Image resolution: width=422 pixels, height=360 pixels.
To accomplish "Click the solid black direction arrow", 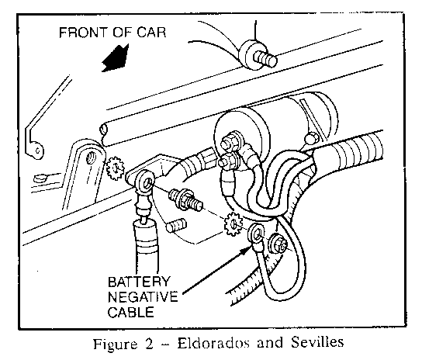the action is [x=115, y=58].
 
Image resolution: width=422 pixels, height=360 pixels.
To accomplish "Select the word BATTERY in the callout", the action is [x=139, y=282].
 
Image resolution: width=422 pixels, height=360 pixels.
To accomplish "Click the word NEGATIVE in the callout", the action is [x=143, y=297].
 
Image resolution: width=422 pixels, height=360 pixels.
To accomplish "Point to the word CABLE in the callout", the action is [x=131, y=313].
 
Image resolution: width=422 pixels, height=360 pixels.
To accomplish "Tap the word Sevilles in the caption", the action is [x=317, y=342].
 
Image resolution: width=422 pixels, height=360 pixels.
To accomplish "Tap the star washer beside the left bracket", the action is [x=115, y=168].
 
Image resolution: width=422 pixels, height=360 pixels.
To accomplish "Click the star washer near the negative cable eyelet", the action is [x=233, y=223].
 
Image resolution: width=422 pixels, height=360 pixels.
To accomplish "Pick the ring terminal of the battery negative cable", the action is [x=257, y=234].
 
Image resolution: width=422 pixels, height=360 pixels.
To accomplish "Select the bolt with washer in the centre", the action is [x=185, y=200].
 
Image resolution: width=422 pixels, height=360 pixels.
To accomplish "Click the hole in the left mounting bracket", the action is [x=91, y=157].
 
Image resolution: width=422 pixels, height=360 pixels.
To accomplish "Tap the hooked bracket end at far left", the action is [x=35, y=150].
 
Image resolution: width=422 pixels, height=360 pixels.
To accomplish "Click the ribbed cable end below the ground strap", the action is [x=146, y=237].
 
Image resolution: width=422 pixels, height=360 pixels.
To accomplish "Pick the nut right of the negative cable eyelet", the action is [x=278, y=244].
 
